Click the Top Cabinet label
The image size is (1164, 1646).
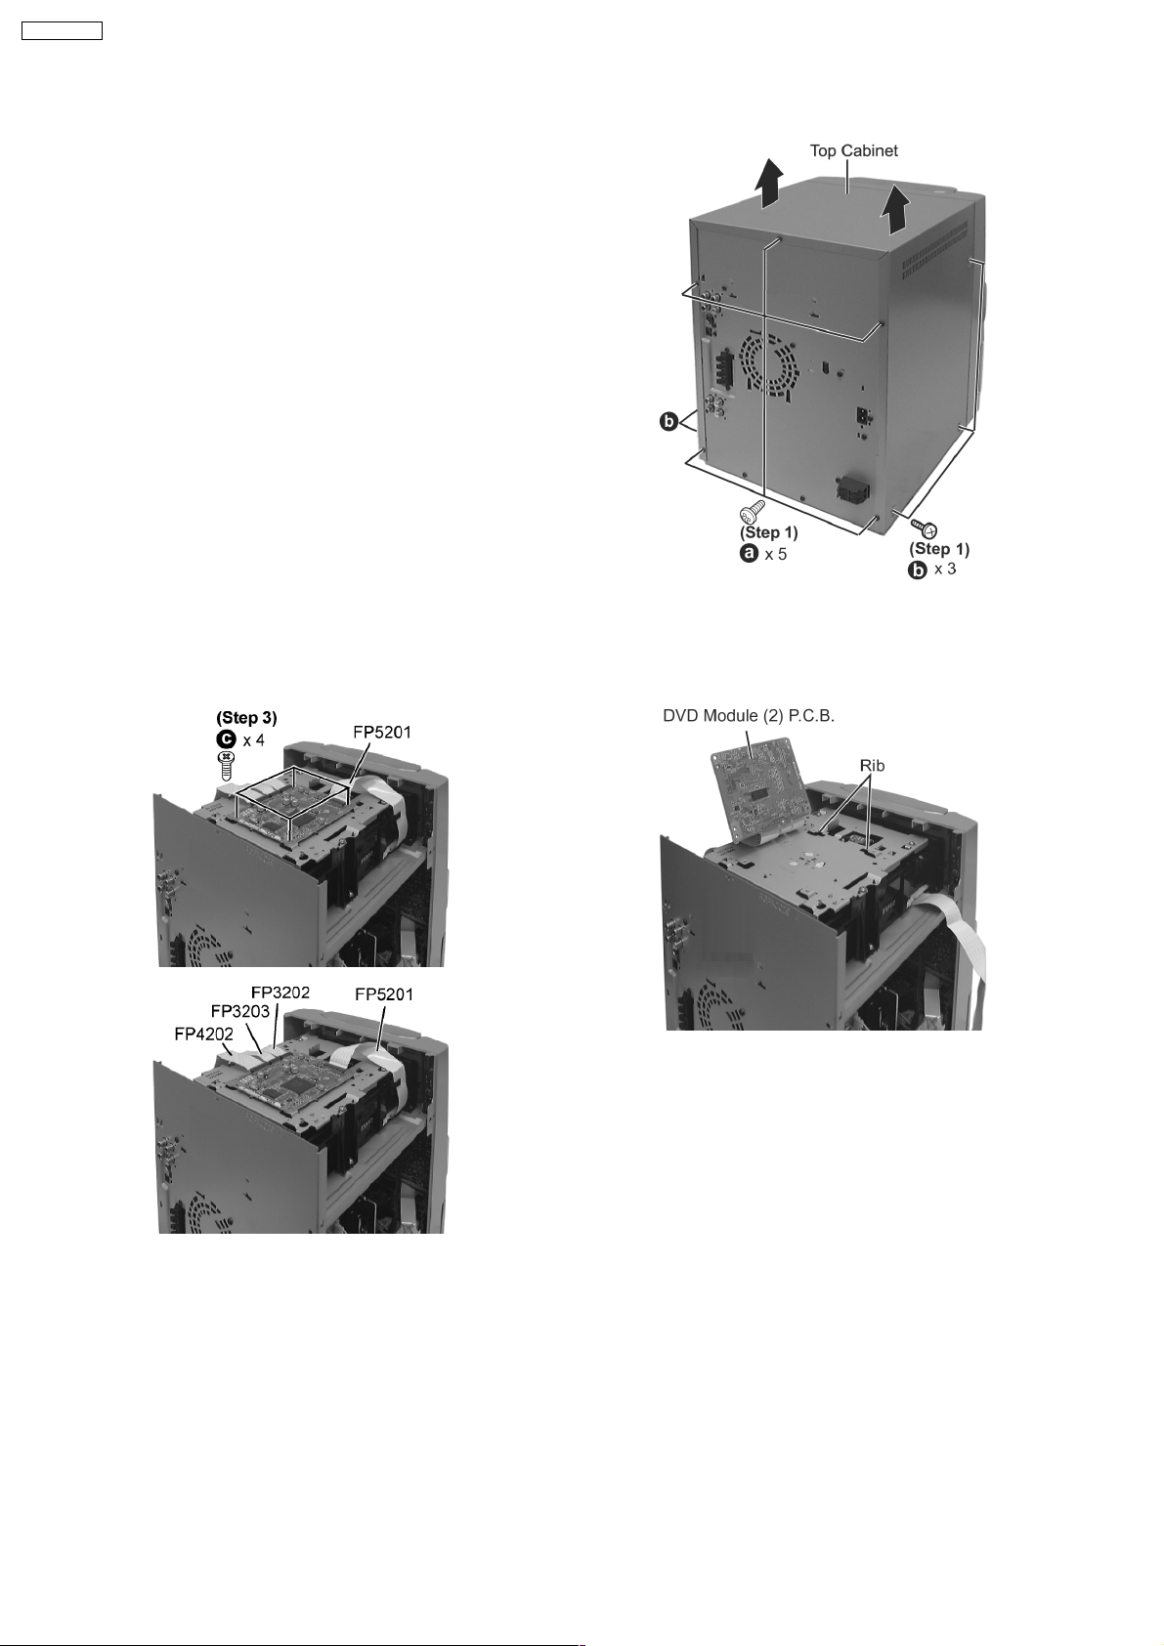coord(854,150)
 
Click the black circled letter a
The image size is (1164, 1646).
coord(749,554)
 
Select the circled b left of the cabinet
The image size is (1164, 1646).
coord(669,423)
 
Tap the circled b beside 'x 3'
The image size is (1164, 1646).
coord(918,570)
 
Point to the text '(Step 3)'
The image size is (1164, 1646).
coord(246,718)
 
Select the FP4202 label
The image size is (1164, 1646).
coord(203,1034)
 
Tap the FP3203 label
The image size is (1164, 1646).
coord(240,1010)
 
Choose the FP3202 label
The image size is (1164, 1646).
coord(280,992)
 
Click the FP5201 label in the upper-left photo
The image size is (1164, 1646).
coord(381,734)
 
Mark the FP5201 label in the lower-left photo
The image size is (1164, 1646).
coord(384,994)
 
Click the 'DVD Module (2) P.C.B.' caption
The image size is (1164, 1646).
coord(749,716)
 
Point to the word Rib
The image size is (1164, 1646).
coord(872,766)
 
